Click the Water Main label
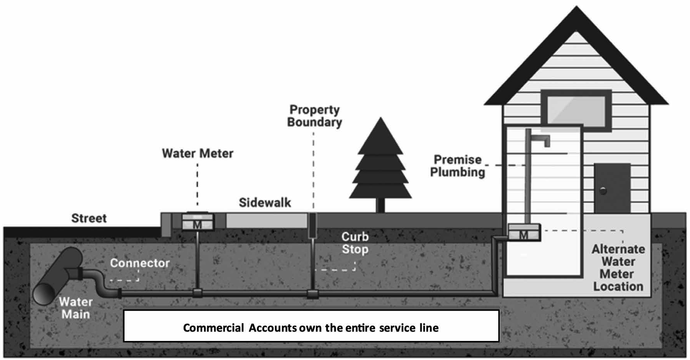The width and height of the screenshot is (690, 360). (x=76, y=308)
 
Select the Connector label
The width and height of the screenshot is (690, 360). (x=140, y=263)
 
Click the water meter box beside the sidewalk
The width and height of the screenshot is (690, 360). (x=197, y=222)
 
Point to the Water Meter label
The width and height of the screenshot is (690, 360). (x=197, y=153)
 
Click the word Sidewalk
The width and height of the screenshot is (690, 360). (x=265, y=202)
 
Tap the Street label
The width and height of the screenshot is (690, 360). (x=89, y=218)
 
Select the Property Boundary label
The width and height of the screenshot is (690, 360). (x=314, y=116)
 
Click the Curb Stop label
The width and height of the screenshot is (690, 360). (x=355, y=243)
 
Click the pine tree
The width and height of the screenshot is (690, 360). (x=380, y=165)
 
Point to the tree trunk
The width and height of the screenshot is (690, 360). (x=381, y=205)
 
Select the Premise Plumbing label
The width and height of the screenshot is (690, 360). (x=457, y=166)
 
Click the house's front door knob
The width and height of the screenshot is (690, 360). (x=603, y=191)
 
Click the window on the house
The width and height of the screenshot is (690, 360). (x=576, y=110)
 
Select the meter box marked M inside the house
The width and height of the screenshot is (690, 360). (x=524, y=232)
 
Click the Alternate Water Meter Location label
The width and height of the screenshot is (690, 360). (x=618, y=268)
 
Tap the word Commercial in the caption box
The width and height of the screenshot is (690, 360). (x=213, y=328)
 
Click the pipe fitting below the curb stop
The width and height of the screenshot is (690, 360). (x=312, y=294)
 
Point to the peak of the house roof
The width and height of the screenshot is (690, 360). (x=576, y=8)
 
